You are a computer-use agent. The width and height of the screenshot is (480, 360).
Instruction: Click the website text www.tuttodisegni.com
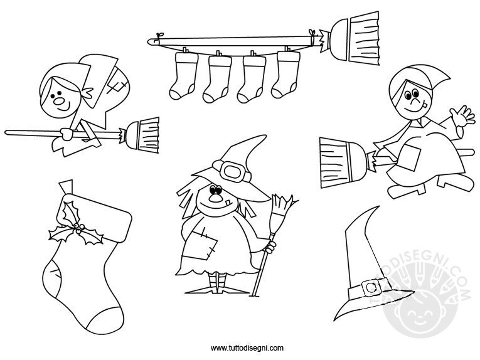pyautogui.click(x=247, y=347)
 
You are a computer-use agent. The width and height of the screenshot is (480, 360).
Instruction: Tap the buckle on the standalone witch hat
pyautogui.click(x=371, y=287)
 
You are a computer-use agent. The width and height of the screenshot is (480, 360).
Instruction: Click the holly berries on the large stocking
pyautogui.click(x=78, y=228)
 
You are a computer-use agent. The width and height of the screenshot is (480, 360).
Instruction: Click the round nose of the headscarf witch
pyautogui.click(x=58, y=100)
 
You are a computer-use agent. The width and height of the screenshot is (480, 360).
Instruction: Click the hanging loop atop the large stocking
pyautogui.click(x=66, y=186)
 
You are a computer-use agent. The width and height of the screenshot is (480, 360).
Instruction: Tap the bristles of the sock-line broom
pyautogui.click(x=365, y=38)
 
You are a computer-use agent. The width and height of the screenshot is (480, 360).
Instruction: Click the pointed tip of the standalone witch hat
pyautogui.click(x=379, y=206)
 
